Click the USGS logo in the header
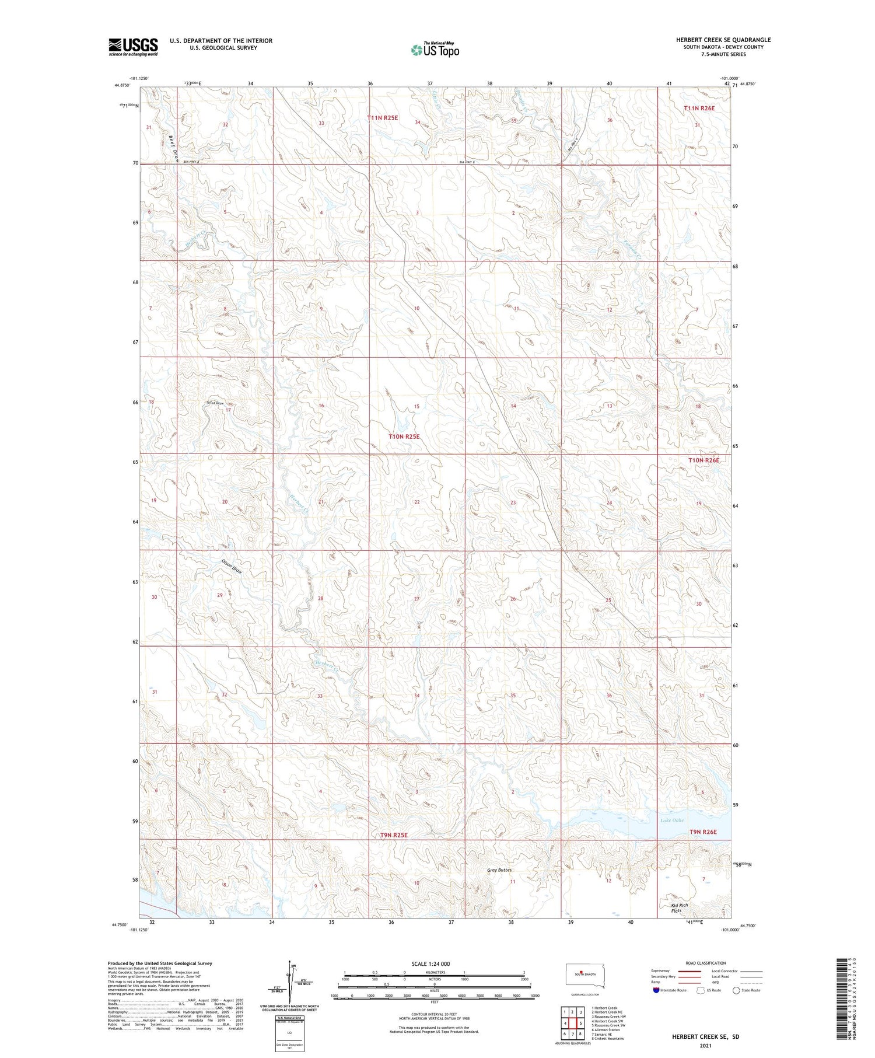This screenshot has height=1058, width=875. [x=133, y=47]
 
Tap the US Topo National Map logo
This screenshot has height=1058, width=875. [x=435, y=50]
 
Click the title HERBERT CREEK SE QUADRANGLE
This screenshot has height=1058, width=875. [x=723, y=40]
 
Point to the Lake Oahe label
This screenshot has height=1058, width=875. [x=671, y=820]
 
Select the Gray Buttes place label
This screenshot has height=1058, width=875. [x=499, y=870]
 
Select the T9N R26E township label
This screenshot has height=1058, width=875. [x=702, y=832]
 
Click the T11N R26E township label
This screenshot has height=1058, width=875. [x=699, y=108]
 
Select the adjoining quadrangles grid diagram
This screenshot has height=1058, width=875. [x=573, y=1023]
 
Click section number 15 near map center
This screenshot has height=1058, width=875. [x=416, y=406]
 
